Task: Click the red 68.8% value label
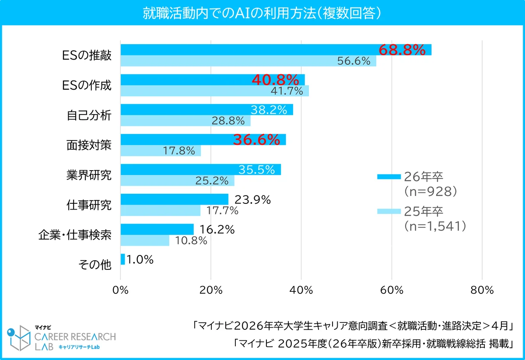click(402, 50)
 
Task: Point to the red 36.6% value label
click(256, 140)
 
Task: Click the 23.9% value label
click(253, 200)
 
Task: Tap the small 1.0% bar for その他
click(122, 259)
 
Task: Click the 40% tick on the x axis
click(301, 290)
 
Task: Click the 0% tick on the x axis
click(120, 290)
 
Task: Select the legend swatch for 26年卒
click(388, 177)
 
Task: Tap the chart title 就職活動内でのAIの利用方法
click(262, 13)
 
